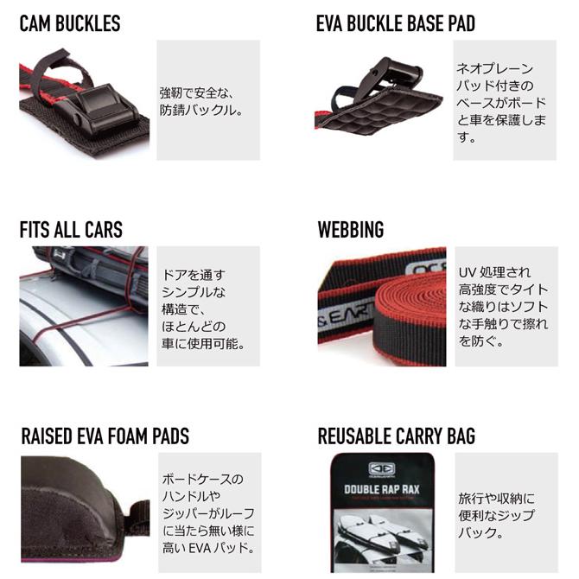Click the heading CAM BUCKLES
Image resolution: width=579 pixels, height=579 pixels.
tap(70, 23)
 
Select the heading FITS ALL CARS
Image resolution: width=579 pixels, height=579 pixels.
tap(71, 230)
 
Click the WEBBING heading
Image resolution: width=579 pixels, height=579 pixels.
tap(351, 230)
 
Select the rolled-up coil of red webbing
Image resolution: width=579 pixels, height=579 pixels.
tap(410, 310)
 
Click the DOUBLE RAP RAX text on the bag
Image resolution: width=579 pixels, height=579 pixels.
tap(382, 490)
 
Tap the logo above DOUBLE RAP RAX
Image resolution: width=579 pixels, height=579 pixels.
tap(382, 469)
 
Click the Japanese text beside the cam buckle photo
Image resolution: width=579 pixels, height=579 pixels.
tap(201, 101)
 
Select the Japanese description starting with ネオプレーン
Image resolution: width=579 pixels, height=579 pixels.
tap(501, 103)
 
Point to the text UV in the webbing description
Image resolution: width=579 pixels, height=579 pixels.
tap(468, 273)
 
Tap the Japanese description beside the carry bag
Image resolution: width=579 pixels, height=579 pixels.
tap(497, 516)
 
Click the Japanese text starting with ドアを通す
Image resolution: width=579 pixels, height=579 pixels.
tap(203, 309)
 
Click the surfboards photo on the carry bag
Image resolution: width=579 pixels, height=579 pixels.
tap(383, 538)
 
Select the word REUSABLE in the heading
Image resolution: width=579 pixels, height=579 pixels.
tap(354, 436)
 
